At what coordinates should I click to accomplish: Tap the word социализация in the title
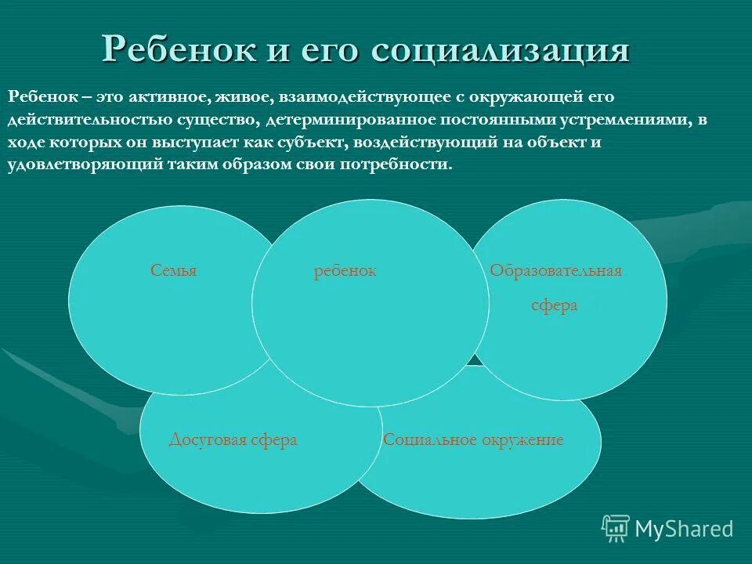click(501, 50)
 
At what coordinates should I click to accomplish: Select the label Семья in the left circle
click(174, 271)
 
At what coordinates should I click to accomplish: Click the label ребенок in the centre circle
click(345, 271)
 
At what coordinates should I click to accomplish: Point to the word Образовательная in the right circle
click(555, 271)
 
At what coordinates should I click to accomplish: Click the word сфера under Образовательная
click(555, 305)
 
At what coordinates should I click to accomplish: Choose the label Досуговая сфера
click(233, 440)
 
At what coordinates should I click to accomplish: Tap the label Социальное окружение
click(473, 440)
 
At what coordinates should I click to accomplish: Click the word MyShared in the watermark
click(684, 529)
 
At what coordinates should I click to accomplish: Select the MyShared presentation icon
click(616, 529)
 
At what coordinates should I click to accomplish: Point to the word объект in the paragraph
click(600, 143)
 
